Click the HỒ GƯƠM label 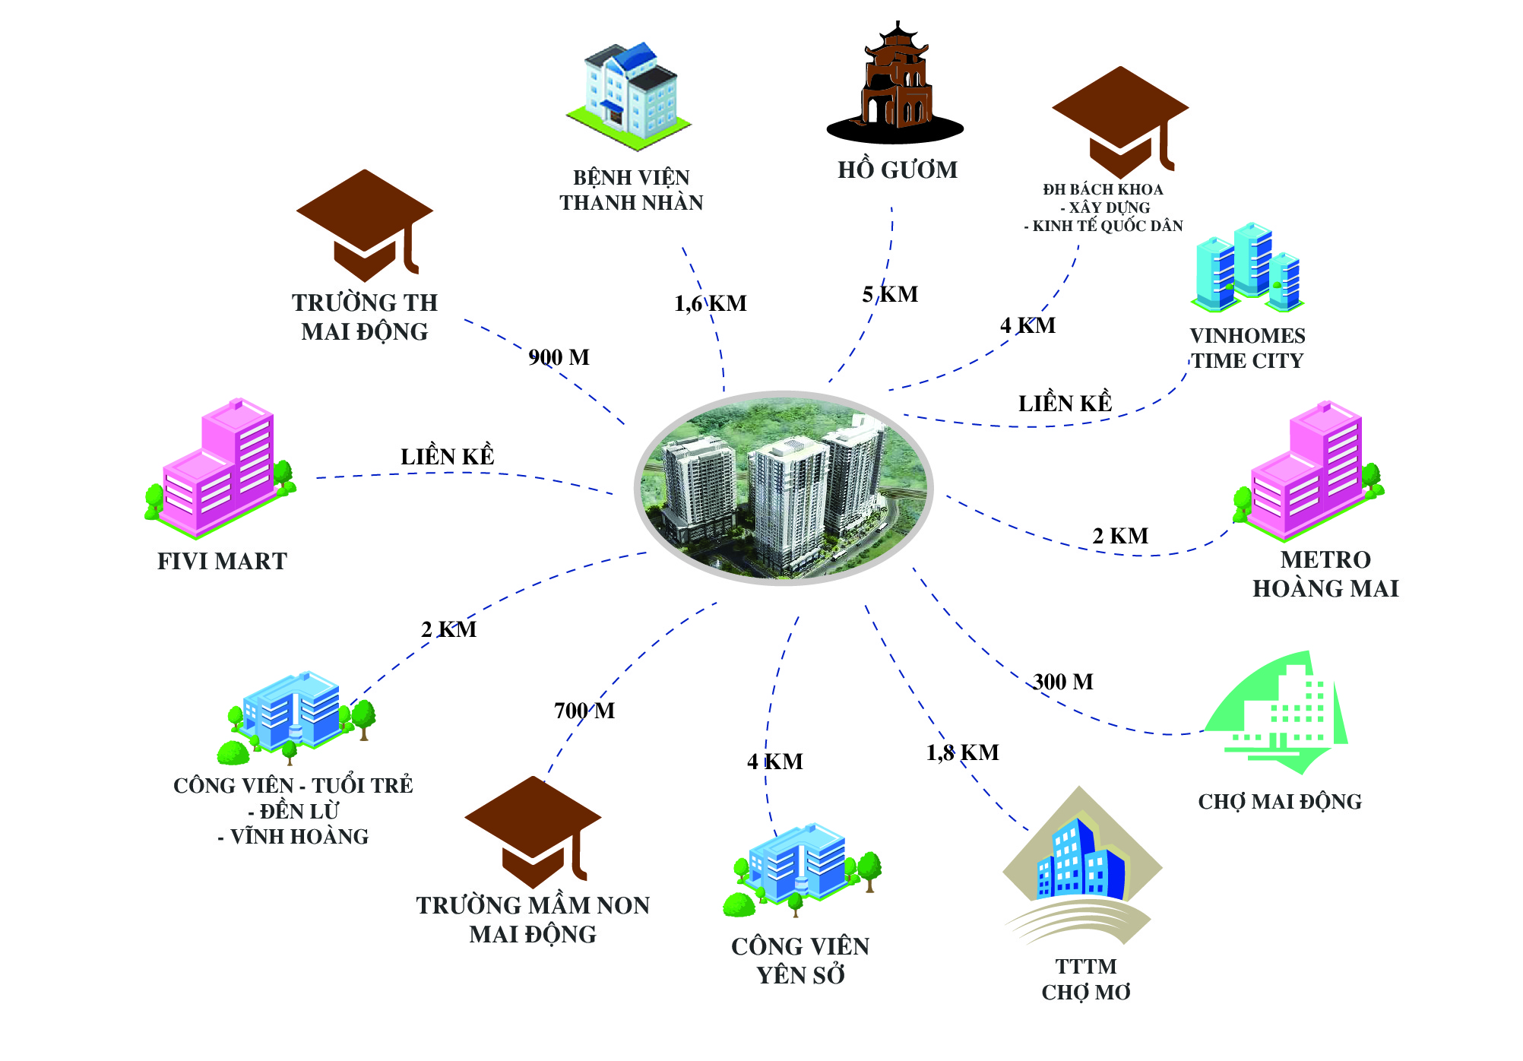coord(898,169)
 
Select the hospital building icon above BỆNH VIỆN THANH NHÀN coord(629,96)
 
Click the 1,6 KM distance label coord(711,304)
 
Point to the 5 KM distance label coord(890,294)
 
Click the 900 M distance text coord(559,357)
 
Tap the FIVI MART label coord(222,561)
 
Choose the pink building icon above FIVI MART coord(220,467)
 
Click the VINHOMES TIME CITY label coord(1247,348)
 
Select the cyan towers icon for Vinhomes coord(1248,267)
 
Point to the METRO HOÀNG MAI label coord(1325,574)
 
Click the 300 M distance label coord(1063,682)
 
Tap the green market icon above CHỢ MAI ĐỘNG coord(1277,713)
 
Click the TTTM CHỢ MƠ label coord(1086,979)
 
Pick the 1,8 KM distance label coord(962,752)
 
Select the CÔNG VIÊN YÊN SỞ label coord(800,961)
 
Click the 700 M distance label coord(584,711)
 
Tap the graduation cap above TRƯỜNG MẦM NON coord(534,832)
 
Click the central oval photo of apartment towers coord(784,488)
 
